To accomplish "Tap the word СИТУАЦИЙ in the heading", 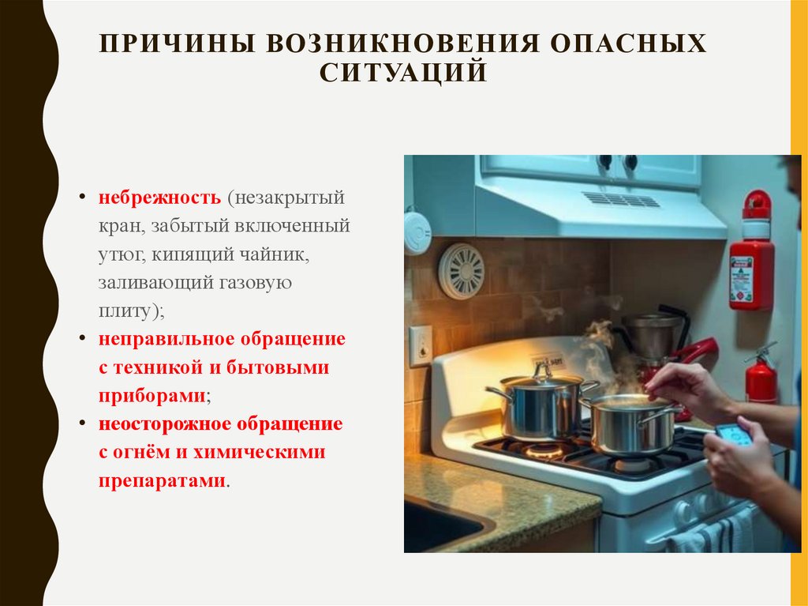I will coord(403,72).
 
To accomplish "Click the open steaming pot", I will coord(630,425).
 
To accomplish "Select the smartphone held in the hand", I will coord(733,435).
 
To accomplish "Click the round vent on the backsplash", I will coord(461,271).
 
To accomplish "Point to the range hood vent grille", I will coord(620,199).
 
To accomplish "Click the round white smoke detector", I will coord(417,231).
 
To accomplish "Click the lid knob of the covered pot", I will coord(541,369).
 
